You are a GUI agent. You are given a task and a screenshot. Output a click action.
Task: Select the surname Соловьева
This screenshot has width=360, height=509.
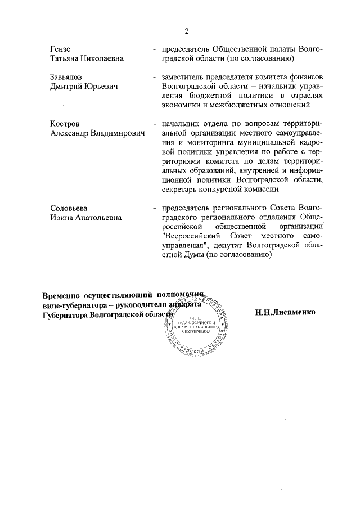pyautogui.click(x=69, y=208)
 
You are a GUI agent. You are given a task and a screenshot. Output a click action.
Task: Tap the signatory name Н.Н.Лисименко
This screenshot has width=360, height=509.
pyautogui.click(x=285, y=312)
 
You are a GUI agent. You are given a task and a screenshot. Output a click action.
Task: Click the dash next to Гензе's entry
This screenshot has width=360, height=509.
pyautogui.click(x=154, y=49)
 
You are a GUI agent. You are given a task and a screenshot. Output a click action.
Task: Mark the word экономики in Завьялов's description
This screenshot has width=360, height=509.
pyautogui.click(x=181, y=105)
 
